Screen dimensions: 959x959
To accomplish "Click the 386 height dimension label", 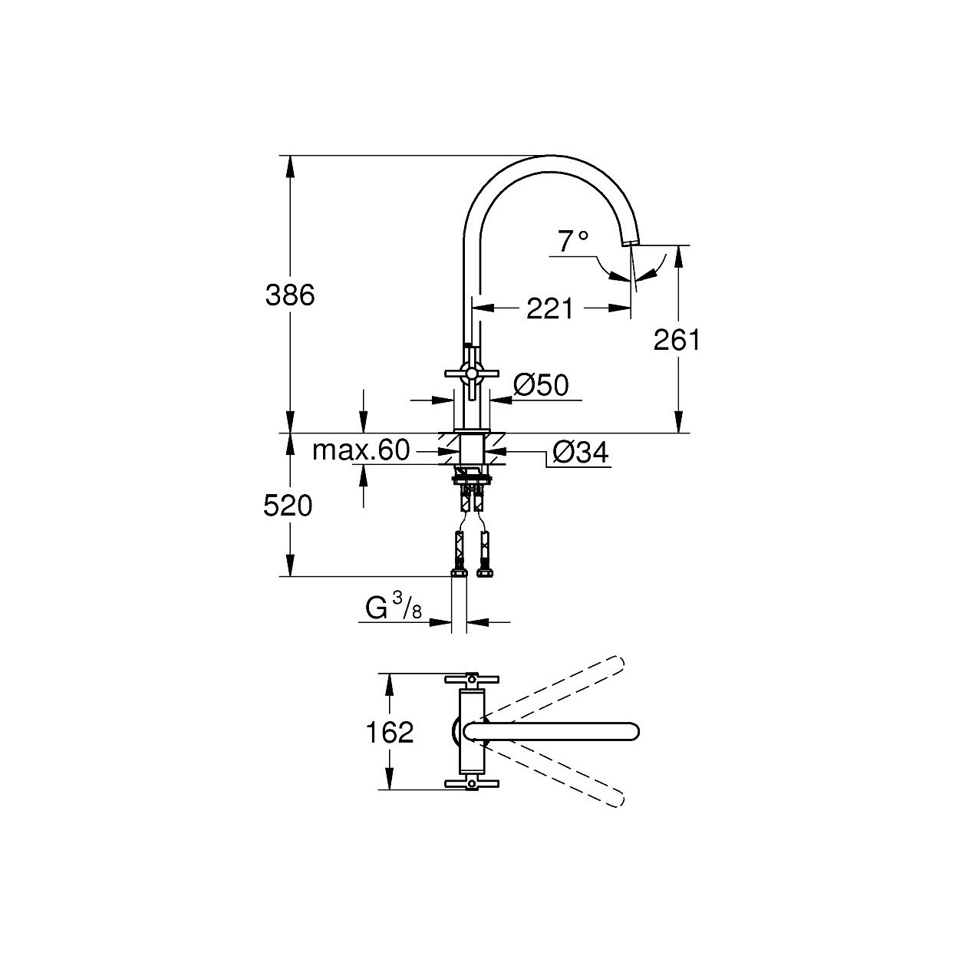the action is click(290, 295).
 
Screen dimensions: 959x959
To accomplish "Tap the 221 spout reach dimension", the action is click(550, 308).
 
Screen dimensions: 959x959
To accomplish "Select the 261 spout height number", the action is click(677, 341).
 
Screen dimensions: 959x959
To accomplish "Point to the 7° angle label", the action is click(573, 242).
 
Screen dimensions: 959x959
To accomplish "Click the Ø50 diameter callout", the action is click(541, 385).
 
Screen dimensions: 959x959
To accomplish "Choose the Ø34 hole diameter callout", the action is click(581, 453).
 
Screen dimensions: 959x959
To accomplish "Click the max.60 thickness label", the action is click(361, 450).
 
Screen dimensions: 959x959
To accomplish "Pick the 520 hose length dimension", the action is click(288, 506).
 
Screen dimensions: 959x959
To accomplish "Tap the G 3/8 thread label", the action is click(394, 608).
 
